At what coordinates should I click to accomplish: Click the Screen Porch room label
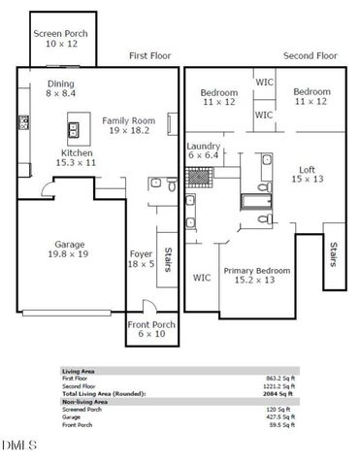(x=62, y=39)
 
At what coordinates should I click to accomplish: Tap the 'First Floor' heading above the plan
(x=150, y=56)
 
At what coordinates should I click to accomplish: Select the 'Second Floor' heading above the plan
(x=309, y=56)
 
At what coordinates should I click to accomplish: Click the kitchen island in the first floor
(x=73, y=129)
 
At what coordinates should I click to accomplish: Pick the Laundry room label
(x=204, y=150)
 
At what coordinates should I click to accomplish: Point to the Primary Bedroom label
(x=257, y=275)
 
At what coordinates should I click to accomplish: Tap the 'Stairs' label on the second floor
(x=334, y=257)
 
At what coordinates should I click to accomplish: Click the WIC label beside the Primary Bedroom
(x=202, y=278)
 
